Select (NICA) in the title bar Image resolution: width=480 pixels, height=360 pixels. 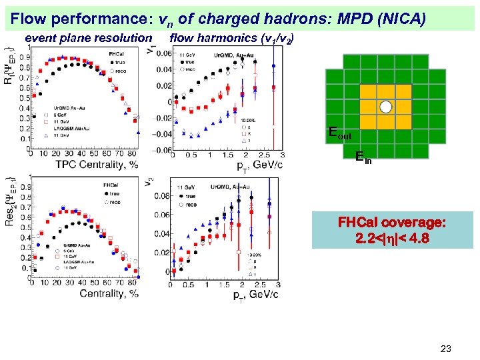tap(399, 17)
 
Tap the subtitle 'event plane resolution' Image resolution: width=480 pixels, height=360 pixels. tap(88, 39)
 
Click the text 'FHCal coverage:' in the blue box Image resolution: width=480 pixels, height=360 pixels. tap(392, 223)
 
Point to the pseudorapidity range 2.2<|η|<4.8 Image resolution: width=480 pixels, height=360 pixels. tap(392, 237)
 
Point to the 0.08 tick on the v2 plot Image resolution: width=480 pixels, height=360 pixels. tap(162, 197)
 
